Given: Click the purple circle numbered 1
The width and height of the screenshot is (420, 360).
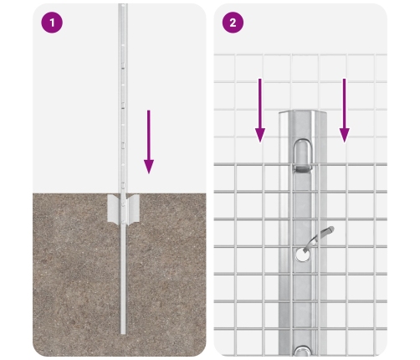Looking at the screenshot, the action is point(52,23).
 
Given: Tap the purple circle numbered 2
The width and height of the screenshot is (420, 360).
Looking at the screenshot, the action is point(233,23).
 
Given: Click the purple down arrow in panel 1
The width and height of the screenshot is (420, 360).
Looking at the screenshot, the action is point(149,142).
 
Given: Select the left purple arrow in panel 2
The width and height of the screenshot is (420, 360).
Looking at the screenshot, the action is point(260,111).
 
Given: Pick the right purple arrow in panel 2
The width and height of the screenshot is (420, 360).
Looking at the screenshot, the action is point(345,111).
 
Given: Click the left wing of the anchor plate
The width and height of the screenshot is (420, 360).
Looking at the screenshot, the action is point(114,208).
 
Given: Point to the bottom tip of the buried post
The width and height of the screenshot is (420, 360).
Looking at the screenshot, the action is point(123,334).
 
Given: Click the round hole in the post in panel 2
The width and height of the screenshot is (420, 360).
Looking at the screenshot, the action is point(303,255).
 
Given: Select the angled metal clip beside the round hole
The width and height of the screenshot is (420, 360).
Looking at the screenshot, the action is point(320,237).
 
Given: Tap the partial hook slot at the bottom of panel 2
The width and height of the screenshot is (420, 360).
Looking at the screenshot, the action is point(303,351).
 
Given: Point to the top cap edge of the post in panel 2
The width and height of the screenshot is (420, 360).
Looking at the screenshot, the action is point(303,112).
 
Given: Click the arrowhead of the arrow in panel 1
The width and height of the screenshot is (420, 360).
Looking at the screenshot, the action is point(149,167).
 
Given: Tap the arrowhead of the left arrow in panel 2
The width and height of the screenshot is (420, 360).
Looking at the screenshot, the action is point(260,136).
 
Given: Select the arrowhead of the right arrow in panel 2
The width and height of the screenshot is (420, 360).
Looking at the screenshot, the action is point(345,136).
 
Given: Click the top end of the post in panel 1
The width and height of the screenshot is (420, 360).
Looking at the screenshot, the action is point(123,4).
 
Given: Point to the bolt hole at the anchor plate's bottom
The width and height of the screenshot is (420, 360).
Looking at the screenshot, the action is point(123,222).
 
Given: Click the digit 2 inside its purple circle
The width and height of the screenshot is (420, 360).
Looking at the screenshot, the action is point(233,23).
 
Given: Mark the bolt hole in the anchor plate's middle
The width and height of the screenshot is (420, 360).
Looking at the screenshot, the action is point(123,205).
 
